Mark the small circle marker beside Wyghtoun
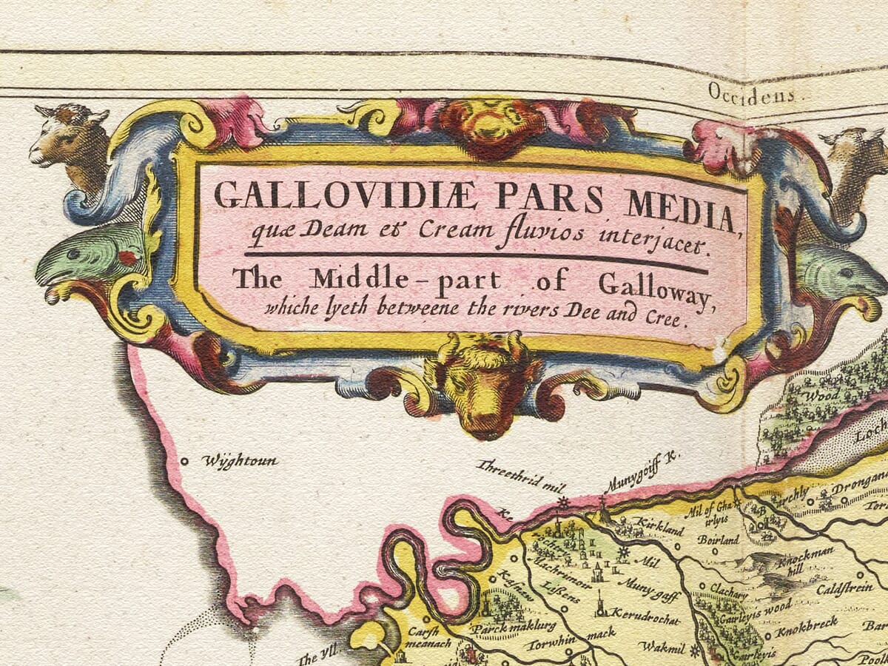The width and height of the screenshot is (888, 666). [x=184, y=461]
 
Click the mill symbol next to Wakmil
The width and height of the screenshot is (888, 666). [x=694, y=651]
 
